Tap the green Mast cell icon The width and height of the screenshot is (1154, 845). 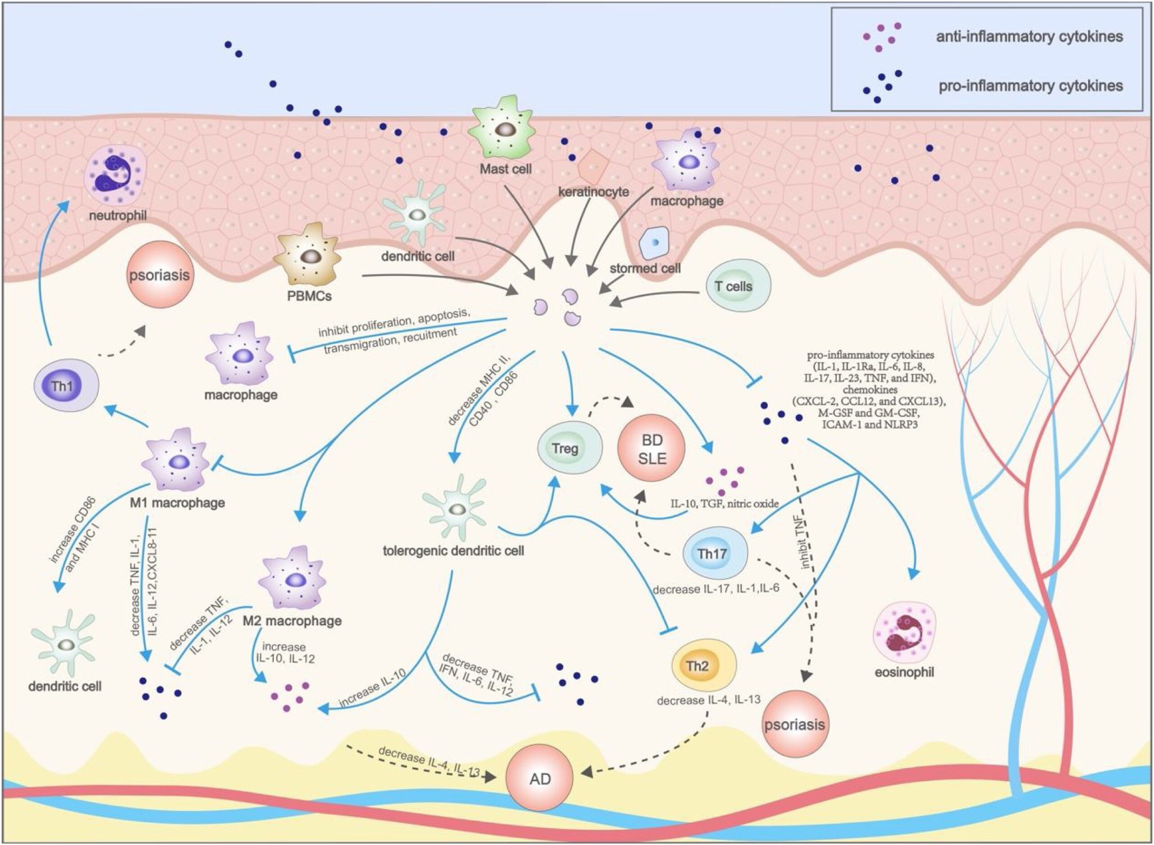click(504, 130)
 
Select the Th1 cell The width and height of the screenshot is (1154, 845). click(65, 385)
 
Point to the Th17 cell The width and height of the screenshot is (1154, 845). click(715, 553)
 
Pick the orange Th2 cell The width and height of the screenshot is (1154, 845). click(703, 666)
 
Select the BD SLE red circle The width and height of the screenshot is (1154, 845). click(652, 448)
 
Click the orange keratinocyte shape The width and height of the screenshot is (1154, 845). click(593, 167)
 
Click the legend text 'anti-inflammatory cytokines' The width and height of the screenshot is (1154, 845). click(1029, 37)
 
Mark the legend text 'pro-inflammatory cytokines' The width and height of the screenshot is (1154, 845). click(1030, 85)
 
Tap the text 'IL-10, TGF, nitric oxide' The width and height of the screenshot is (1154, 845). click(725, 504)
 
